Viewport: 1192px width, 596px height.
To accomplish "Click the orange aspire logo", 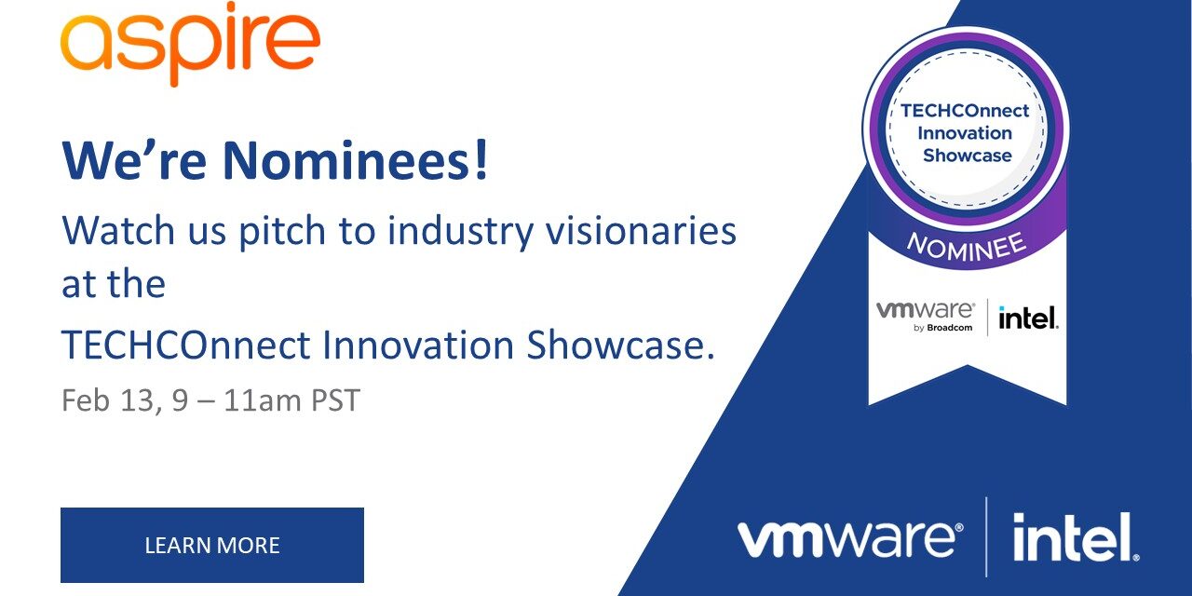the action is point(190,44).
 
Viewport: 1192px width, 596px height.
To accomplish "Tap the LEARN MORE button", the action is point(212,545).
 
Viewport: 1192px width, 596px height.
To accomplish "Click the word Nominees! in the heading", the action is point(355,160).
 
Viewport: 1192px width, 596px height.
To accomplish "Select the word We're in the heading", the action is point(134,160).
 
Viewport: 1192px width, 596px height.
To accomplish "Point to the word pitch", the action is point(282,232).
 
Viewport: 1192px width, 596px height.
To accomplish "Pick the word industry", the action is point(460,232).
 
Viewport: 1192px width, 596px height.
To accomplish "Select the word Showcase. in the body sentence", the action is point(620,345).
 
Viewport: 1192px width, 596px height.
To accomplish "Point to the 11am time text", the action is point(263,400).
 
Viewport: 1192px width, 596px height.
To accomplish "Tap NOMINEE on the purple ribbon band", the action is point(967,249).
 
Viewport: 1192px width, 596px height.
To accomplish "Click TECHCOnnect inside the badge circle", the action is point(965,111).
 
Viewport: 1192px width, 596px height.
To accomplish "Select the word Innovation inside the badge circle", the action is point(965,133).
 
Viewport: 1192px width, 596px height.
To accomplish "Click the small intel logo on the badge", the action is point(1028,318).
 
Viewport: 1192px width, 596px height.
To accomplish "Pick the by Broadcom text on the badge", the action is point(943,328).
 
